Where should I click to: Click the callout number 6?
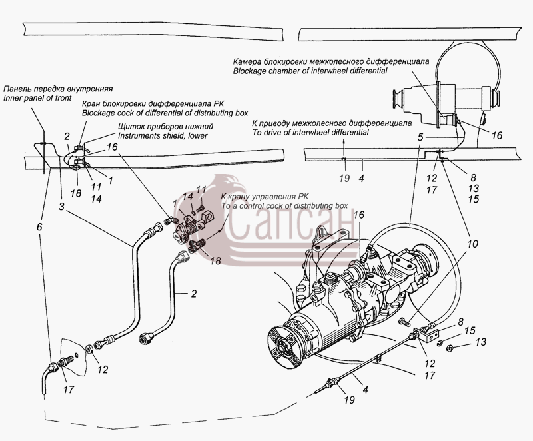pos(40,227)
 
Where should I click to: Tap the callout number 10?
pos(472,244)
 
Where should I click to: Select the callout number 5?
pos(420,137)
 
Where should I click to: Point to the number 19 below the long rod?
pos(349,400)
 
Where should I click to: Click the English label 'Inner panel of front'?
pos(37,98)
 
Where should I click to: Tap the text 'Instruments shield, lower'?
pos(163,135)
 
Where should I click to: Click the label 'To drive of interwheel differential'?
pos(310,132)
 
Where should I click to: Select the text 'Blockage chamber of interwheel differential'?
pos(310,71)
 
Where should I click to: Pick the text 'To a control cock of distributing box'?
pos(284,206)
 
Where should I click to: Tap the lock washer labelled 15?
pos(439,342)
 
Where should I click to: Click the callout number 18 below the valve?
pos(215,260)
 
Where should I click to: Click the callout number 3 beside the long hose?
pos(61,207)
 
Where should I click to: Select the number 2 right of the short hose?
pos(194,294)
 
